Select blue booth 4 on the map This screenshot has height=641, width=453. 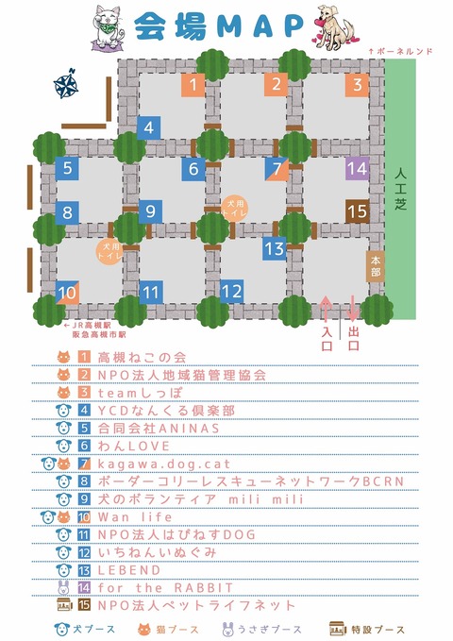(x=148, y=127)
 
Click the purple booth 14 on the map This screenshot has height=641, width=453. (x=356, y=170)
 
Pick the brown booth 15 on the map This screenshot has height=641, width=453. (x=356, y=211)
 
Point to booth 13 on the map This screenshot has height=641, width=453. (x=274, y=250)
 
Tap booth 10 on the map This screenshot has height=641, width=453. (x=66, y=294)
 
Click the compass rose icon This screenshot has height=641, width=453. (x=67, y=87)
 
